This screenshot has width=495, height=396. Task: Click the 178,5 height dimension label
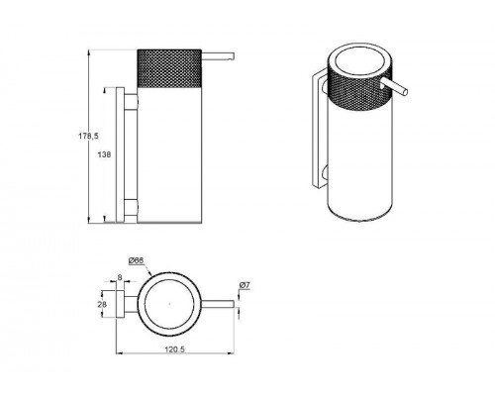[x=88, y=136]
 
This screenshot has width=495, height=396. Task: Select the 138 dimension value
[x=104, y=154]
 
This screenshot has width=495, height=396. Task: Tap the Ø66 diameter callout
[x=136, y=260]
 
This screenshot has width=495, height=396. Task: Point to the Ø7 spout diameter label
[x=245, y=285]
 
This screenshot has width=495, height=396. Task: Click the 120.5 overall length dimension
[x=174, y=348]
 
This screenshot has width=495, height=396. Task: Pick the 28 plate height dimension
[x=102, y=304]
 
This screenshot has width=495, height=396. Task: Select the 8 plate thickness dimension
[x=120, y=278]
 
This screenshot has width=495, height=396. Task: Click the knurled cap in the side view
[x=169, y=68]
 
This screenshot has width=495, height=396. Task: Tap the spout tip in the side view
[x=233, y=56]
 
